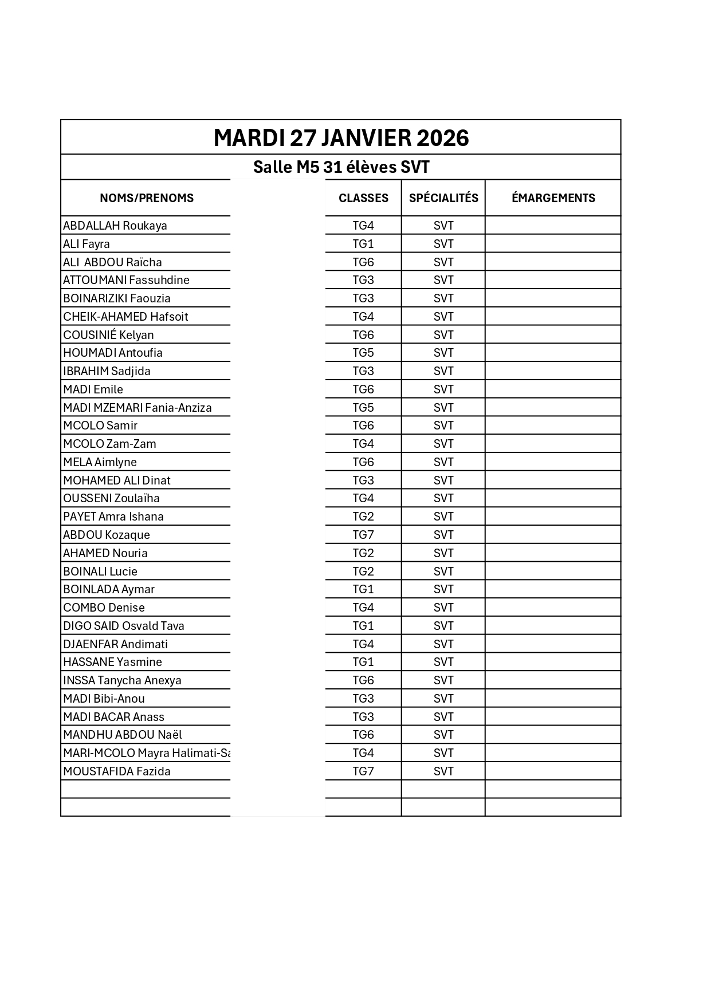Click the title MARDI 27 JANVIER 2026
[341, 138]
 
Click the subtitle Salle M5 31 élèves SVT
[341, 167]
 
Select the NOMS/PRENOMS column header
[147, 198]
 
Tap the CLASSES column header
[363, 198]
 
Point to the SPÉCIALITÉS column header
[443, 198]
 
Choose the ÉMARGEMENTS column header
[553, 198]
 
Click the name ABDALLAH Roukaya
[115, 226]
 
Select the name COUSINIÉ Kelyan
[108, 335]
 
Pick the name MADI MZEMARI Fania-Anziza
[138, 408]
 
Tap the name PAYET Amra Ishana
[113, 517]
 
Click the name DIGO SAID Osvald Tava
[124, 626]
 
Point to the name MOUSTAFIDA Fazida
[117, 771]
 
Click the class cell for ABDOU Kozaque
[363, 535]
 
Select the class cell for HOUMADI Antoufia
[363, 353]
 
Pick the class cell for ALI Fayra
[363, 244]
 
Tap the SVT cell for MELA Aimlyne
[443, 462]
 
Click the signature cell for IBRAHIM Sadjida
[553, 371]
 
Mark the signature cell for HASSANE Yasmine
[553, 662]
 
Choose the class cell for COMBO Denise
[363, 608]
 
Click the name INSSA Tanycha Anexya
[122, 680]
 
